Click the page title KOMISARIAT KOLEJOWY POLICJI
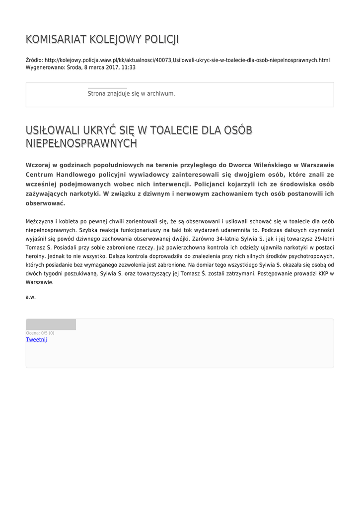click(102, 40)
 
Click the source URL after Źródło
click(187, 60)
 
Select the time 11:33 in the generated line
click(129, 67)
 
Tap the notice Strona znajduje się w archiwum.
click(131, 93)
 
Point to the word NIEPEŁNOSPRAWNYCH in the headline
click(81, 143)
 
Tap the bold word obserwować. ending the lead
click(45, 203)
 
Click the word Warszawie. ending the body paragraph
click(39, 282)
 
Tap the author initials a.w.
click(31, 297)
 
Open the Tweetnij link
click(36, 339)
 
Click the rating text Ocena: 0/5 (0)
click(40, 333)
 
